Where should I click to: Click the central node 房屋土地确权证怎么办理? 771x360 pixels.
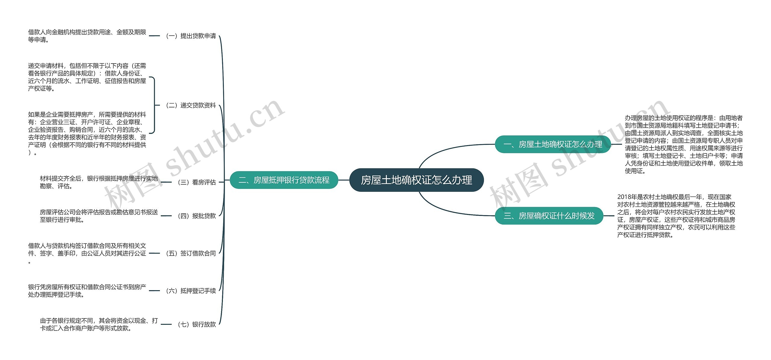pyautogui.click(x=416, y=180)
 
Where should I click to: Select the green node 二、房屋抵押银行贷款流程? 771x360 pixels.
pyautogui.click(x=284, y=180)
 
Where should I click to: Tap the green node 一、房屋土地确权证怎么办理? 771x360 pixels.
pyautogui.click(x=553, y=144)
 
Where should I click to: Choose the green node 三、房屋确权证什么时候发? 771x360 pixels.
pyautogui.click(x=549, y=216)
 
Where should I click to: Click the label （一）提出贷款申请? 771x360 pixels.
pyautogui.click(x=191, y=36)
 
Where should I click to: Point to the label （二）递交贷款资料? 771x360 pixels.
pyautogui.click(x=191, y=105)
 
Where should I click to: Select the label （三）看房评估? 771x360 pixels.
pyautogui.click(x=197, y=182)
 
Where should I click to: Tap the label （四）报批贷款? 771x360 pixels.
pyautogui.click(x=197, y=216)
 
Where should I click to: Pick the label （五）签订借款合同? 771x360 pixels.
pyautogui.click(x=191, y=253)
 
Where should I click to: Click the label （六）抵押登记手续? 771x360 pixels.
pyautogui.click(x=191, y=291)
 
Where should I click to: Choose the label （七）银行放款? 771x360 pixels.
pyautogui.click(x=197, y=324)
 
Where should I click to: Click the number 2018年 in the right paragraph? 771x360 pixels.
pyautogui.click(x=624, y=197)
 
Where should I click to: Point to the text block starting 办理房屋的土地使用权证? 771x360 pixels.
pyautogui.click(x=684, y=144)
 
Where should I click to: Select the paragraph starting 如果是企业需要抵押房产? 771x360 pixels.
pyautogui.click(x=87, y=133)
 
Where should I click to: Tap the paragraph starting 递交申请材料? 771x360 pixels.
pyautogui.click(x=87, y=77)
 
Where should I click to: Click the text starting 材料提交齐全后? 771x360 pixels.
pyautogui.click(x=99, y=182)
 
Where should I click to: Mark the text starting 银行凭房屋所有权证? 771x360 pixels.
pyautogui.click(x=87, y=291)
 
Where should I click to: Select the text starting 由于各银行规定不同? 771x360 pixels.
pyautogui.click(x=99, y=324)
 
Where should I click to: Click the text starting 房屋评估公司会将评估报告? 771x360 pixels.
pyautogui.click(x=99, y=216)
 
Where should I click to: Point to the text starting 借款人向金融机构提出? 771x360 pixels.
pyautogui.click(x=87, y=36)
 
